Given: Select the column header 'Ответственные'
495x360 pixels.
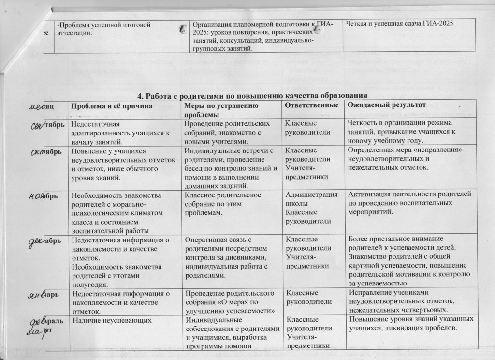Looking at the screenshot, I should (312, 105).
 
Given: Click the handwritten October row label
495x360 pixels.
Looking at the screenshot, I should (46, 151).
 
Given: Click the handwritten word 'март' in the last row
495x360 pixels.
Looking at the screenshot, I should (42, 332).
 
